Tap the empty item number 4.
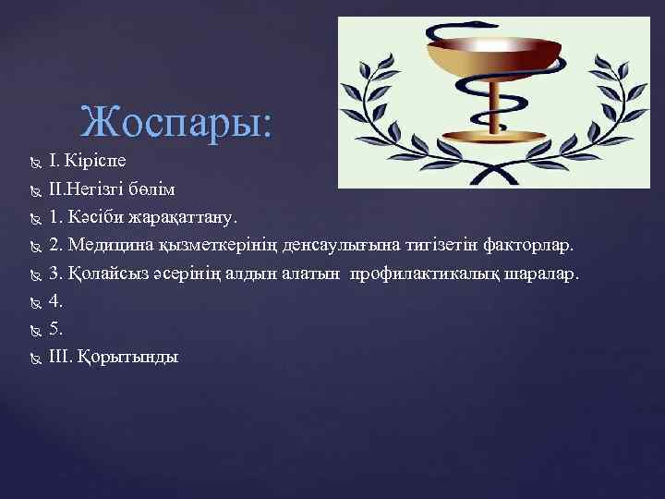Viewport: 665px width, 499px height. [55, 301]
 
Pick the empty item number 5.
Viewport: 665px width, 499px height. [55, 329]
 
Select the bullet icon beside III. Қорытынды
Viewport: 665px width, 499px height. [34, 358]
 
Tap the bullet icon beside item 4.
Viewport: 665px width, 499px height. [34, 302]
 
